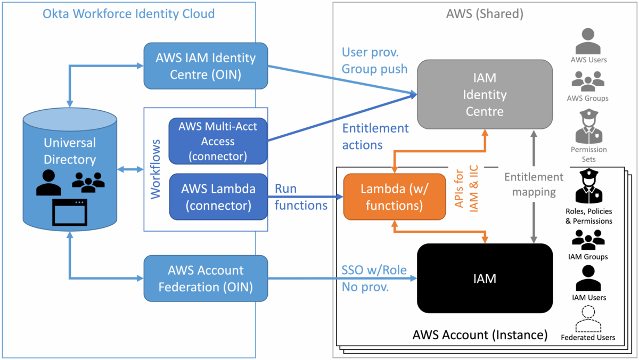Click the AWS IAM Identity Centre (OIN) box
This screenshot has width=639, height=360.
206,66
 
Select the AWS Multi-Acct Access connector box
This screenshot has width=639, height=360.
218,141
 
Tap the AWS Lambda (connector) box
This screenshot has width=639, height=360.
218,197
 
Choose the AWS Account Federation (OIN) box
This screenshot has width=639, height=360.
206,278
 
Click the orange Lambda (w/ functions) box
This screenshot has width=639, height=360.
394,197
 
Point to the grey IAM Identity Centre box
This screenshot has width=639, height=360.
485,94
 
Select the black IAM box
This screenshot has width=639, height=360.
485,278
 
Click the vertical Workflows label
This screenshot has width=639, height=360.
155,169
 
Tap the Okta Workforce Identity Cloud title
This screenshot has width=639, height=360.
128,13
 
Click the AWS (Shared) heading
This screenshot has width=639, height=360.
484,14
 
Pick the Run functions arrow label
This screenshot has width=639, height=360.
300,197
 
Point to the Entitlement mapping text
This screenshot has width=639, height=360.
533,184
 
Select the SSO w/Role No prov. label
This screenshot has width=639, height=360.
374,279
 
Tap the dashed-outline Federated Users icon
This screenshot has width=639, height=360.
588,319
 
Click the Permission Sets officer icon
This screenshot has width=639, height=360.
588,125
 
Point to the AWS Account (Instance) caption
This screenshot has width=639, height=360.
480,335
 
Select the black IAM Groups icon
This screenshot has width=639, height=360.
588,240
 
